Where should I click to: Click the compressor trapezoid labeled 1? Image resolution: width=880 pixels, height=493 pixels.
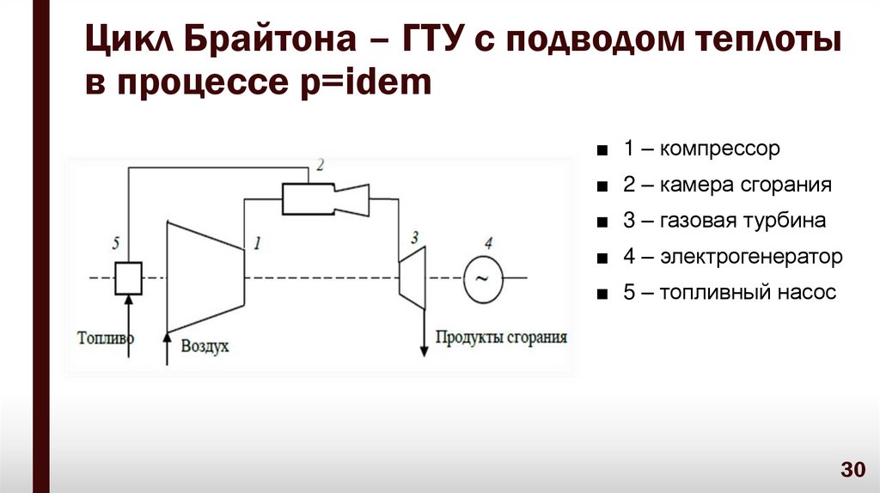[205, 275]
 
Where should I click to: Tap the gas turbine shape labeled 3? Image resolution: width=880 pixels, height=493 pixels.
[412, 277]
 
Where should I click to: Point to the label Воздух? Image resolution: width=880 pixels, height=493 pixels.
[205, 346]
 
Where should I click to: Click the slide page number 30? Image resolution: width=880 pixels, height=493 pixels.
[852, 470]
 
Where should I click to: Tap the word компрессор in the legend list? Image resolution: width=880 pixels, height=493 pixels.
[722, 149]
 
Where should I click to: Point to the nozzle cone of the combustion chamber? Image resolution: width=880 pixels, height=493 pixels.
[352, 200]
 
